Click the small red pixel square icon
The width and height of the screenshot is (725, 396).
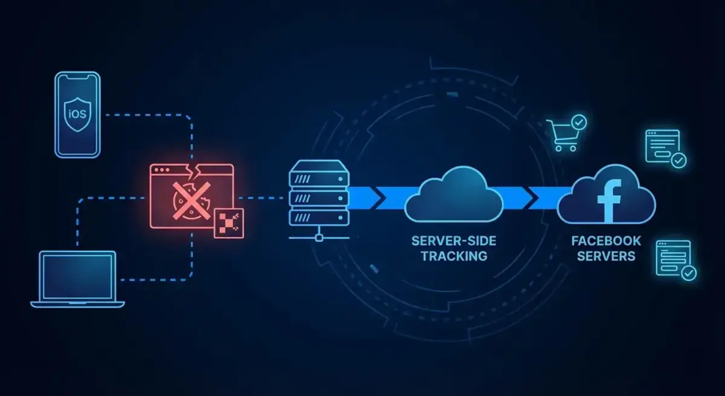click(x=228, y=222)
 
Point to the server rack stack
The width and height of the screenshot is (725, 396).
click(x=318, y=193)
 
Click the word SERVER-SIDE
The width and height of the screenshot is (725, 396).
click(x=454, y=241)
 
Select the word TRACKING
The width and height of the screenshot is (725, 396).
click(x=454, y=256)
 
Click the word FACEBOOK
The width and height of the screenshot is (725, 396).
click(x=606, y=241)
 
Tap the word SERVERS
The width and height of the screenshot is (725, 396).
click(x=606, y=256)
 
